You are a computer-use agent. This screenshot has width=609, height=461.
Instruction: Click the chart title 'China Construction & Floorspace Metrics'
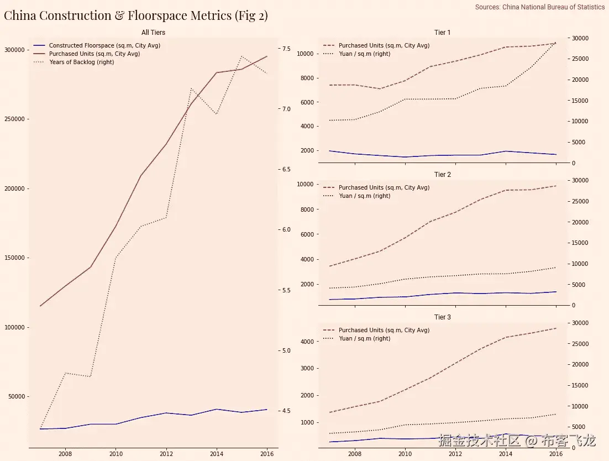point(135,15)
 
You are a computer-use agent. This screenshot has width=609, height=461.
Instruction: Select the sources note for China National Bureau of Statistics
point(539,7)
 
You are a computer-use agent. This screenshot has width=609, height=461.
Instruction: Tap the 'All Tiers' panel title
point(153,33)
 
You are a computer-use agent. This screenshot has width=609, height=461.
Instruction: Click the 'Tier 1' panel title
point(442,33)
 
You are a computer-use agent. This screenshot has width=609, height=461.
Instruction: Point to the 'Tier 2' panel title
point(442,175)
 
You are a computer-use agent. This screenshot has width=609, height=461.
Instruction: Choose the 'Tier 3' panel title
point(442,317)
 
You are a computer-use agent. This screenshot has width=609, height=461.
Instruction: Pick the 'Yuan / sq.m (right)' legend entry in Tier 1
point(364,54)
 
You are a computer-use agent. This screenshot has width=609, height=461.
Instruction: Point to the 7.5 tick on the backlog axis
point(286,49)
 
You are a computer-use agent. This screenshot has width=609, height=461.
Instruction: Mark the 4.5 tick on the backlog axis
point(286,411)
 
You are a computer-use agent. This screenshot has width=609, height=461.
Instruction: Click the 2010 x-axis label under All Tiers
point(116,454)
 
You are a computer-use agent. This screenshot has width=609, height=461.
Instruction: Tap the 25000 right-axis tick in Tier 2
point(579,201)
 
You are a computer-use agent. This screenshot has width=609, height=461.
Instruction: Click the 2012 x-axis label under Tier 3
point(455,454)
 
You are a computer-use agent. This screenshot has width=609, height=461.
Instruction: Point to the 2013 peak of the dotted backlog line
point(191,88)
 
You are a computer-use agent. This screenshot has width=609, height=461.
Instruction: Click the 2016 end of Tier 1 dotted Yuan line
point(555,42)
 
